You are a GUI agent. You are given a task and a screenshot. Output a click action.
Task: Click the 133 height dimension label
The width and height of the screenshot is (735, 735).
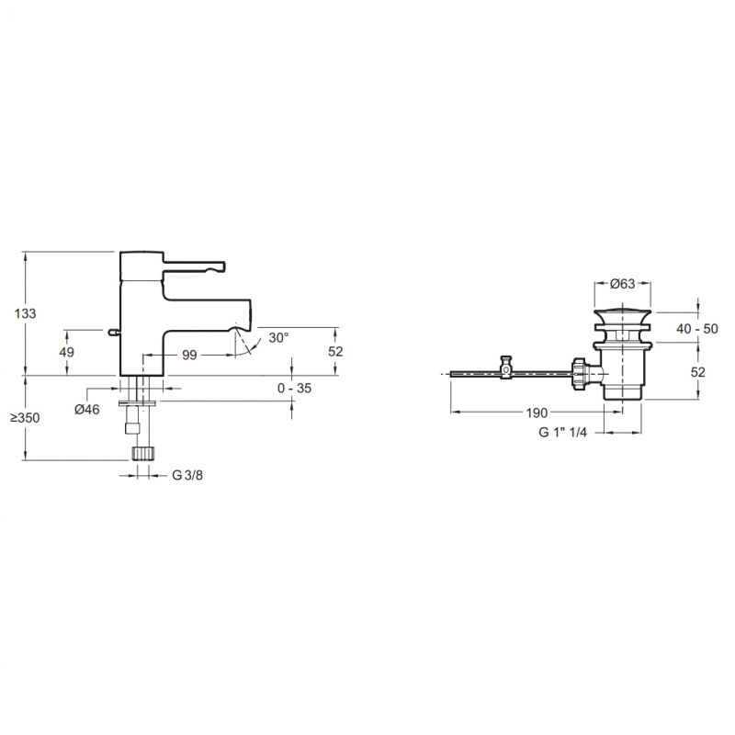[26, 313]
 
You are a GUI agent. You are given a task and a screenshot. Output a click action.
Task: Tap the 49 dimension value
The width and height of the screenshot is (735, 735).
[66, 352]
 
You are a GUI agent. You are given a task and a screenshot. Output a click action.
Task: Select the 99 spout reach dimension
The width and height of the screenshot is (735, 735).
[189, 356]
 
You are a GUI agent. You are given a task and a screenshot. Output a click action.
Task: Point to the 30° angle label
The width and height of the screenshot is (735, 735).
[279, 337]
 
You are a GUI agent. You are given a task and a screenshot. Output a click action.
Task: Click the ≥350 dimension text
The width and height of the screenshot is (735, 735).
[25, 418]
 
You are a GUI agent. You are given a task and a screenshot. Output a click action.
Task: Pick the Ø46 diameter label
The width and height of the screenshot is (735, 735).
[87, 409]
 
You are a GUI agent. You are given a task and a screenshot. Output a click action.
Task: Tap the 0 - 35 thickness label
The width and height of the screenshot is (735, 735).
[294, 388]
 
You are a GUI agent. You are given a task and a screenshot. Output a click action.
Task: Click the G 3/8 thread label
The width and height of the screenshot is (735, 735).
[187, 475]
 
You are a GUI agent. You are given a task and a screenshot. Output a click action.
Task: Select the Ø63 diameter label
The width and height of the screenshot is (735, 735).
[623, 284]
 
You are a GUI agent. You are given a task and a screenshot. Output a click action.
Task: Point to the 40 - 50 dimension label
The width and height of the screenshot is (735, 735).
[697, 329]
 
